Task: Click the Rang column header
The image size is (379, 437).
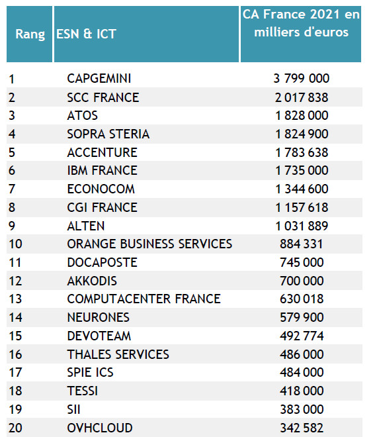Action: [x=30, y=34]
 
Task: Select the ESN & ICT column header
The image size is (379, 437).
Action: [x=86, y=34]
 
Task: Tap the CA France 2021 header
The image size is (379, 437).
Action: [x=301, y=23]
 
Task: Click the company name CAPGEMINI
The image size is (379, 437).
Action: [x=99, y=78]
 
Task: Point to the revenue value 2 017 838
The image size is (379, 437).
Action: [x=302, y=97]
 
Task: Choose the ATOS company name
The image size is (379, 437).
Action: [x=83, y=115]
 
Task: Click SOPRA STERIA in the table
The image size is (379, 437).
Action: [x=108, y=134]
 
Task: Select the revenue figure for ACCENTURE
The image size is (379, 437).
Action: [x=302, y=152]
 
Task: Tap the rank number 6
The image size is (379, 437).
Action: [x=12, y=170]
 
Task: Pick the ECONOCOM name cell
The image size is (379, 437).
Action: [x=101, y=189]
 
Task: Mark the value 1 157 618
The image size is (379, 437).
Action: [x=302, y=207]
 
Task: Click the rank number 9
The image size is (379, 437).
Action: [x=12, y=226]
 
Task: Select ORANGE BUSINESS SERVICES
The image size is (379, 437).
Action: [x=149, y=244]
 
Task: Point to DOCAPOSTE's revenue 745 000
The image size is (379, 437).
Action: [x=302, y=262]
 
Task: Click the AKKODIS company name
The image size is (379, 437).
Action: [x=92, y=281]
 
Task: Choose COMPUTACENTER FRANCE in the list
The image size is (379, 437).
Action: [x=144, y=299]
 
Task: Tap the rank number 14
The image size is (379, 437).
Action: [x=15, y=317]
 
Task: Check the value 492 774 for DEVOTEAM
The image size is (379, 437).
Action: [x=302, y=336]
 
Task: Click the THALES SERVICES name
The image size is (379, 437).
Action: [x=118, y=354]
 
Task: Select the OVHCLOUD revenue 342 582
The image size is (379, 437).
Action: [x=302, y=428]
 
